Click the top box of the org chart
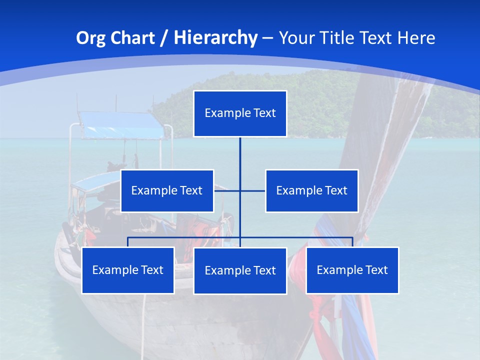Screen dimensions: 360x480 pos(240,113)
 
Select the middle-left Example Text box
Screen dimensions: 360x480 pos(167,190)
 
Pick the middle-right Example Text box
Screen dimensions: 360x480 pos(311,190)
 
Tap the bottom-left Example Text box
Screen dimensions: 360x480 pos(128,270)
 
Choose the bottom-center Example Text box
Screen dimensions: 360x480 pos(240,270)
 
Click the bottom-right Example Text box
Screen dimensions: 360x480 pos(352,270)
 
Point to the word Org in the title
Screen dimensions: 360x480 pos(90,38)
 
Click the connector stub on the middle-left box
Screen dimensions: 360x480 pos(226,190)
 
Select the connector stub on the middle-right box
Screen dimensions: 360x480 pos(254,190)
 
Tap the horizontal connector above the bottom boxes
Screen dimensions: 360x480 pos(185,237)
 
